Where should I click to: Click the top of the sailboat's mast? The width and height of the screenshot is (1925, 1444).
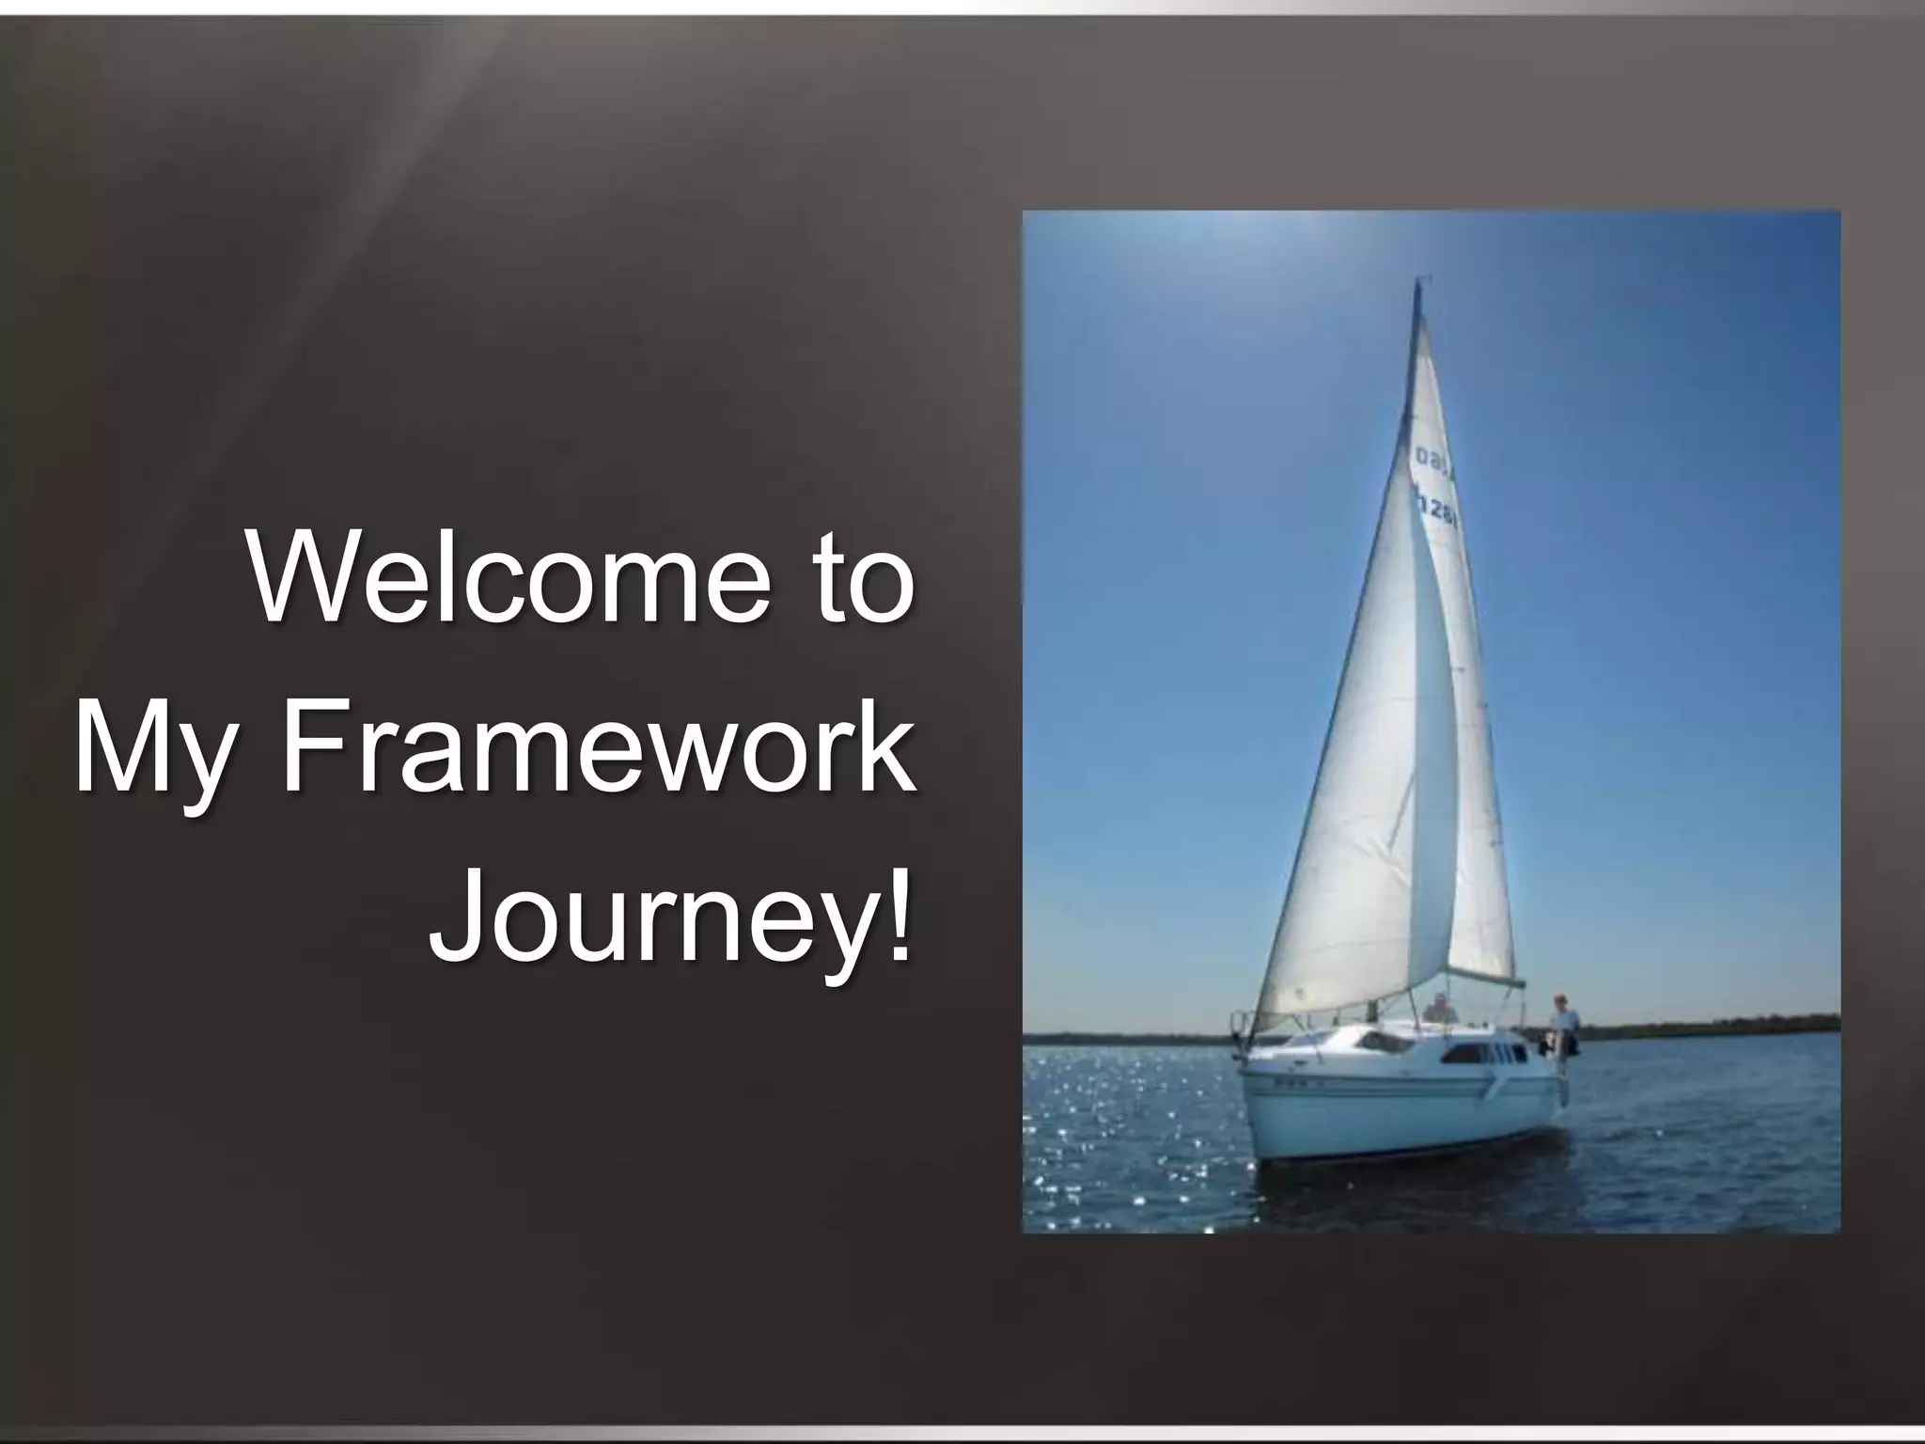[1417, 282]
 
